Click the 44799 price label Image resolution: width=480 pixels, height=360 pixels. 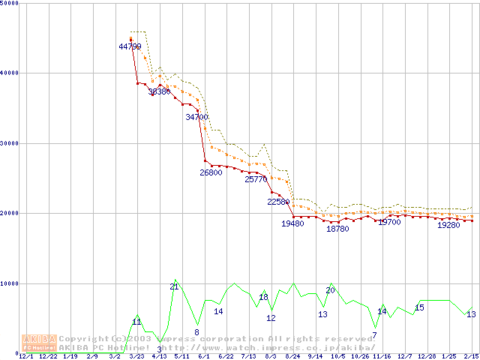pos(130,46)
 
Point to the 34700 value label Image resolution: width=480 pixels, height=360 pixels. pos(196,117)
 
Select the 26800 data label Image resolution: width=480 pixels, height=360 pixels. pos(211,172)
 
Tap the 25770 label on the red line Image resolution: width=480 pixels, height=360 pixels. pos(256,179)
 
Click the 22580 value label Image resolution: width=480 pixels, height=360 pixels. pos(278,202)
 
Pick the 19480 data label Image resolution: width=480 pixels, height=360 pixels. pos(292,223)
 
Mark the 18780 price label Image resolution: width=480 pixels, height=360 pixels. pos(337,229)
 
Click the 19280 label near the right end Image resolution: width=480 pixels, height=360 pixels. pos(448,225)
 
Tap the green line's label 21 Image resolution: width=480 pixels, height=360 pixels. pos(174,286)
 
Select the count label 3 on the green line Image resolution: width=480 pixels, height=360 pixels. pos(159,349)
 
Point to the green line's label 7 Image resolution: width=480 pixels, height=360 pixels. pos(374,334)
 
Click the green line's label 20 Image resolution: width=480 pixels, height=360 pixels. pos(330,290)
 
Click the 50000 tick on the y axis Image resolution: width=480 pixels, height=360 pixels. pos(10,3)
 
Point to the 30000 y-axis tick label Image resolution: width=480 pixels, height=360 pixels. pos(10,143)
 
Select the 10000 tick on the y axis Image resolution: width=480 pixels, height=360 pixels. pos(10,283)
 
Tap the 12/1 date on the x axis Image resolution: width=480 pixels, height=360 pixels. pos(25,356)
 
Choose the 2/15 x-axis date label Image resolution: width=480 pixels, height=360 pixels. pos(471,356)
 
